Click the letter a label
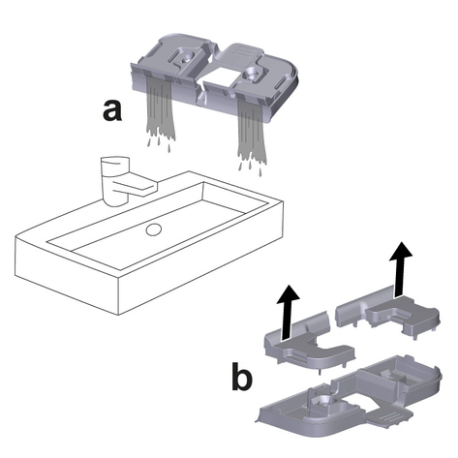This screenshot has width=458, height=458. tap(112, 110)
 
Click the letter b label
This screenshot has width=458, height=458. tap(242, 375)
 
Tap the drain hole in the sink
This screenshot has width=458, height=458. tap(153, 229)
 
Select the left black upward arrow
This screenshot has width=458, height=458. tap(288, 312)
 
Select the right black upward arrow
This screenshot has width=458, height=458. tap(400, 268)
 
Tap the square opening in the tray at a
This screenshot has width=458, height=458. tap(219, 76)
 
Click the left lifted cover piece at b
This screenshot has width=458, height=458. tap(308, 342)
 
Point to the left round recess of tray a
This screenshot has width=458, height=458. tap(185, 59)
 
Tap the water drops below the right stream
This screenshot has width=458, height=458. tap(249, 168)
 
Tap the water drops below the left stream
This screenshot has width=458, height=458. tap(159, 144)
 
